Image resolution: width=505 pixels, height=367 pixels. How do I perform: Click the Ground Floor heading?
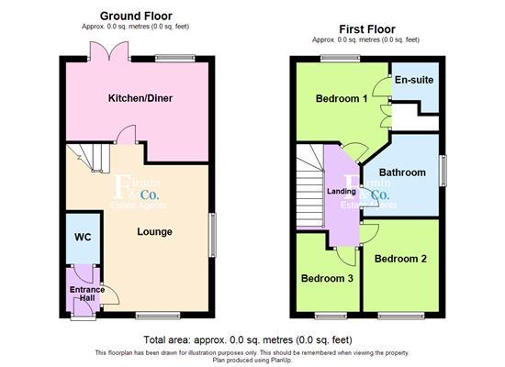pyautogui.click(x=136, y=16)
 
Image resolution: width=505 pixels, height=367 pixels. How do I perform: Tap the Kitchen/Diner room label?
pyautogui.click(x=140, y=98)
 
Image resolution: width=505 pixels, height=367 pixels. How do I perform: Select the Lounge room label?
pyautogui.click(x=154, y=232)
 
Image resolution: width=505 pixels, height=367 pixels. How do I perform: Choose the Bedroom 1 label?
pyautogui.click(x=342, y=99)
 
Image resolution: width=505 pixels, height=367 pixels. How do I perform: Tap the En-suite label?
pyautogui.click(x=413, y=80)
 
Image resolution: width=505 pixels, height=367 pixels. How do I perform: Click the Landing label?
pyautogui.click(x=342, y=190)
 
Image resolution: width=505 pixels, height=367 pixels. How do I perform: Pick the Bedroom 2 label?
pyautogui.click(x=401, y=259)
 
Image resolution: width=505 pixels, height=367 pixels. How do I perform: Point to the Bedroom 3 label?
pyautogui.click(x=328, y=278)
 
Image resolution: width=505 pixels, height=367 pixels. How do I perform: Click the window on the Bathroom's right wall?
pyautogui.click(x=443, y=171)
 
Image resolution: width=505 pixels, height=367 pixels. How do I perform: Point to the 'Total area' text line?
pyautogui.click(x=251, y=339)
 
